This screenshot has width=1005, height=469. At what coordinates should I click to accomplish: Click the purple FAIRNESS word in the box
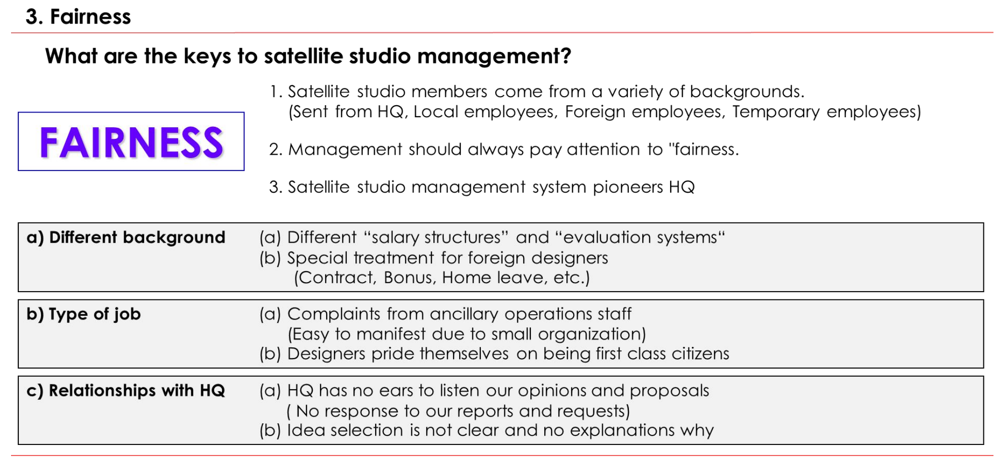tap(131, 143)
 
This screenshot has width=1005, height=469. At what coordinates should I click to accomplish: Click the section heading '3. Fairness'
tap(78, 17)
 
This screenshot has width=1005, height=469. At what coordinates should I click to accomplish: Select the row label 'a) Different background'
tap(126, 237)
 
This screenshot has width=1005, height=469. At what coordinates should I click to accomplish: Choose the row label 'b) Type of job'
tap(84, 314)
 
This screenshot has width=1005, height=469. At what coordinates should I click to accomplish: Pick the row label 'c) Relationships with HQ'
tap(126, 391)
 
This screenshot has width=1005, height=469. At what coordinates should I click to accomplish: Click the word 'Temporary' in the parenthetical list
tap(776, 112)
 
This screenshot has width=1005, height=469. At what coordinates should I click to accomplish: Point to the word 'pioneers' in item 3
tap(628, 187)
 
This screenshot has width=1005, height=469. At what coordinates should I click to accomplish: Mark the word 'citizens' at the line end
tap(700, 354)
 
